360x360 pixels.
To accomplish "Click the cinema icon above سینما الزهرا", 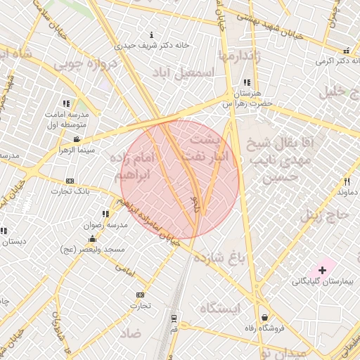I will tap(77, 140).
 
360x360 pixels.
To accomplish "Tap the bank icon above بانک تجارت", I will tap(69, 181).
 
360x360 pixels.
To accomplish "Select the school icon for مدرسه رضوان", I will tap(105, 214).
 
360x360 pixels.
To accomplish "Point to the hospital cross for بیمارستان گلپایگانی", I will tap(323, 270).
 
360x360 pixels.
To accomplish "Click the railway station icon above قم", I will tap(174, 318).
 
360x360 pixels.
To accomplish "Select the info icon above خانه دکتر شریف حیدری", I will tap(153, 34).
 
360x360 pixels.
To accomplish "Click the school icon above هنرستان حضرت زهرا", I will tap(246, 83).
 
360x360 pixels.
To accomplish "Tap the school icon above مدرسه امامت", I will tap(66, 103).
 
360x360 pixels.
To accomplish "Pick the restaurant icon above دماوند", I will tap(345, 181).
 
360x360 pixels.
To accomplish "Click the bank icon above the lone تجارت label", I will tap(140, 295).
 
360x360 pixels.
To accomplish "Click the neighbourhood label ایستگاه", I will tap(220, 309).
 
